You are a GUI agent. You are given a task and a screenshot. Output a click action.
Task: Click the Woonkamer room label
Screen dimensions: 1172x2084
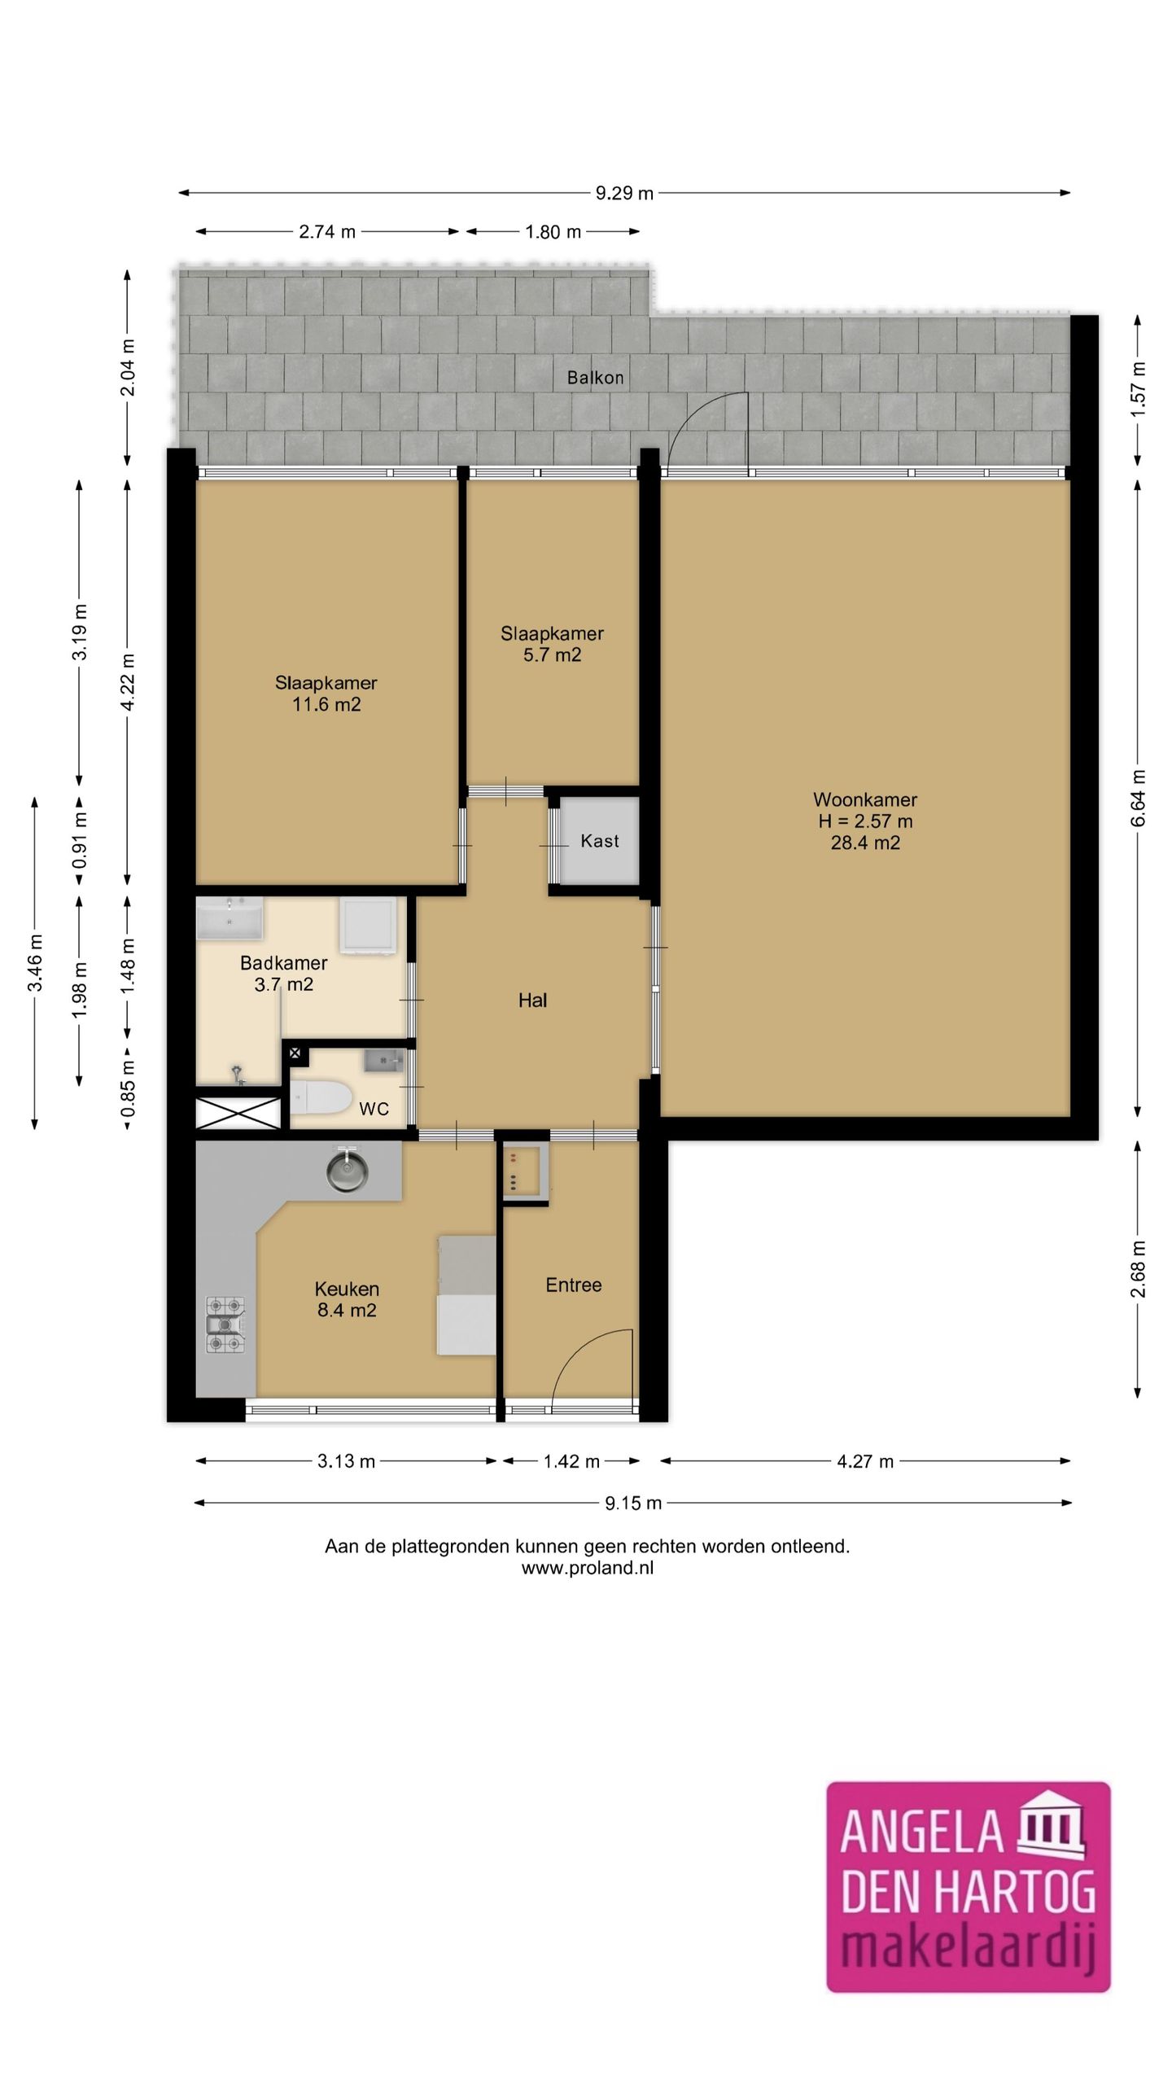(865, 799)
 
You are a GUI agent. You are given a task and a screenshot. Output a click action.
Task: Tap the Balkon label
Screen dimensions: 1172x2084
(596, 378)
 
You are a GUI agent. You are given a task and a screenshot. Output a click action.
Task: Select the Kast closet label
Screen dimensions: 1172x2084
(600, 841)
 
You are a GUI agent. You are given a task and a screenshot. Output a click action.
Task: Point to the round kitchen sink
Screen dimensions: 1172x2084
(347, 1171)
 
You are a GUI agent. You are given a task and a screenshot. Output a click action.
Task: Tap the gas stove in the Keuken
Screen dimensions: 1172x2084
(225, 1324)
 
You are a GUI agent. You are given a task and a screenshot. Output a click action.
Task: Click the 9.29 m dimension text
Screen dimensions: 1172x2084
(624, 193)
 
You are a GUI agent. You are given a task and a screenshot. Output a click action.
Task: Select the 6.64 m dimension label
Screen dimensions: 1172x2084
(1138, 798)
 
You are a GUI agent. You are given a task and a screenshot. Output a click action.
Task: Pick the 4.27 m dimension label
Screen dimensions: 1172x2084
(865, 1461)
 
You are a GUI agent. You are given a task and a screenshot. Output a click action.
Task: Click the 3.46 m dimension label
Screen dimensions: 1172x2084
(35, 963)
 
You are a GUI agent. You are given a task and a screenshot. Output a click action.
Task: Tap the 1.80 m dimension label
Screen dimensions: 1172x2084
(553, 232)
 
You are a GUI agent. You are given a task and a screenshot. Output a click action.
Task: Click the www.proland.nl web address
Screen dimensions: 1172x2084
(588, 1568)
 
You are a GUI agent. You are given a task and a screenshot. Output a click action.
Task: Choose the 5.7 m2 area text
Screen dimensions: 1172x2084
(552, 655)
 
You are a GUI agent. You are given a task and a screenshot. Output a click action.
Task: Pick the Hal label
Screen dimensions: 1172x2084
(532, 1000)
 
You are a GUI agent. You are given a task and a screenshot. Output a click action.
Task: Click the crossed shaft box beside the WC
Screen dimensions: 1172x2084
(238, 1113)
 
